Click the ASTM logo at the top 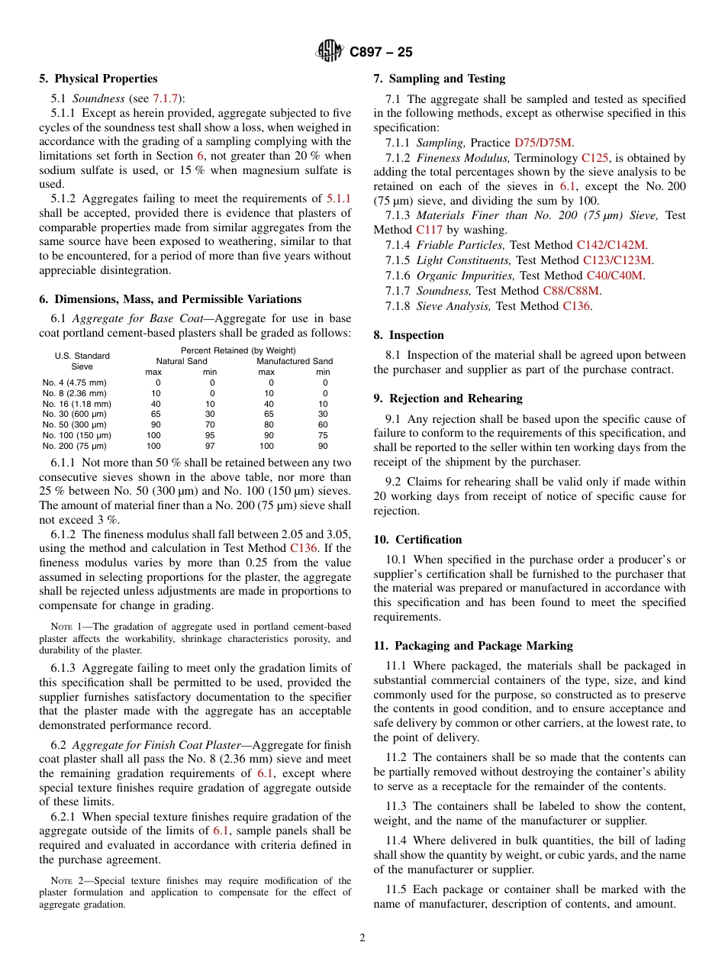click(x=330, y=51)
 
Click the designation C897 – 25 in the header click(x=381, y=52)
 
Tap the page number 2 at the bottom click(x=362, y=938)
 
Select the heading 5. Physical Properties click(x=98, y=79)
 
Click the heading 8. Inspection click(x=408, y=335)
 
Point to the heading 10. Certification click(x=417, y=540)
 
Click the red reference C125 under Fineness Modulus click(x=594, y=158)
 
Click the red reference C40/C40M click(x=614, y=276)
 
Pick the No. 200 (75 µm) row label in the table click(x=75, y=446)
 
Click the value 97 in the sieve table click(x=210, y=446)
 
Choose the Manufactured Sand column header click(x=295, y=361)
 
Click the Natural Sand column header click(x=182, y=361)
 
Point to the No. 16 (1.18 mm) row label click(x=77, y=404)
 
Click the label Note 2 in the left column click(x=65, y=881)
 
